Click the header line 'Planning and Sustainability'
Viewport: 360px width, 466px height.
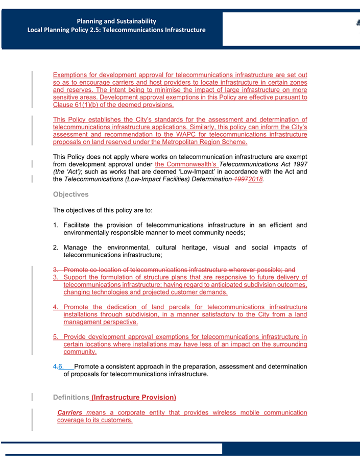pos(116,21)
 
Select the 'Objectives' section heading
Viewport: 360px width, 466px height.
pos(70,194)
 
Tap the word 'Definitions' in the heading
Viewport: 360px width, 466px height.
pos(71,397)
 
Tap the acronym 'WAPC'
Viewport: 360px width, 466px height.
pos(170,134)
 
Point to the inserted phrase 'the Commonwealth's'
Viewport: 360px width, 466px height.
pos(186,164)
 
